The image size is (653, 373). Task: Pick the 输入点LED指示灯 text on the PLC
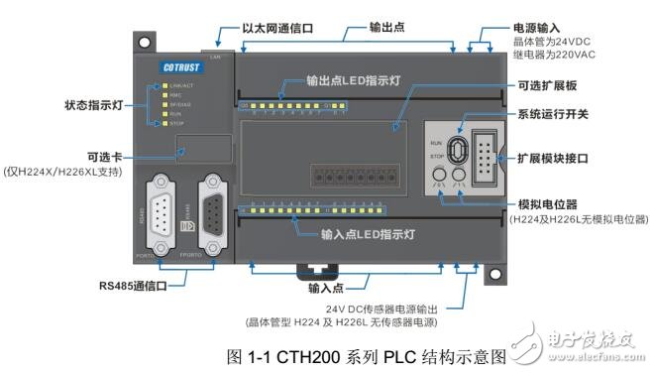point(356,235)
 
